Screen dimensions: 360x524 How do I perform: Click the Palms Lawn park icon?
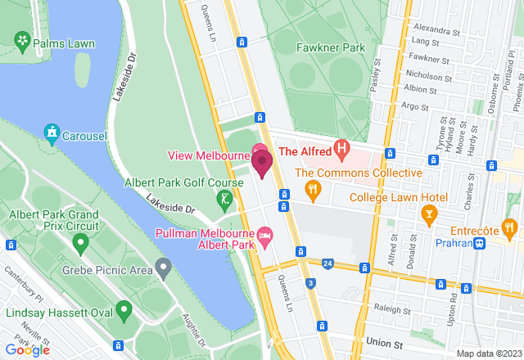22,41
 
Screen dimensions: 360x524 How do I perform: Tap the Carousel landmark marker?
52,132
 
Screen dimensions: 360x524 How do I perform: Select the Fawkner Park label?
330,47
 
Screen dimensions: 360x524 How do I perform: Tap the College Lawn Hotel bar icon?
427,214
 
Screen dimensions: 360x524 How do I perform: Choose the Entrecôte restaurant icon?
508,227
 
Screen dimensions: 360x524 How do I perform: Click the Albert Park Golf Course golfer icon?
224,199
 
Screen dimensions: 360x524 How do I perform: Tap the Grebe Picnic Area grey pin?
164,267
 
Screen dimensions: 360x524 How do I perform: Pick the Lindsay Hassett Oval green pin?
124,309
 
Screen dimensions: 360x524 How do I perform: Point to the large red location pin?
262,164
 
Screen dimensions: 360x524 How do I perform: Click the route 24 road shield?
327,263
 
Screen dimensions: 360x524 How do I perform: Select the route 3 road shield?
310,283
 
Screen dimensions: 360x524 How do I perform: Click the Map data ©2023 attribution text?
488,353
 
